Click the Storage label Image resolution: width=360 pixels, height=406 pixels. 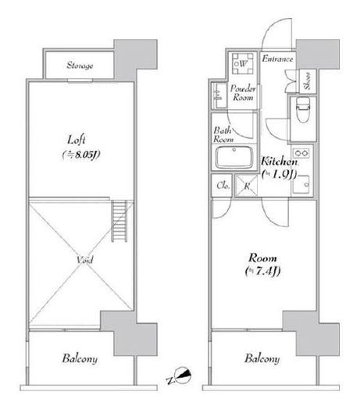coord(80,66)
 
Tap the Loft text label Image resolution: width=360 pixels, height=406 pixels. coord(77,140)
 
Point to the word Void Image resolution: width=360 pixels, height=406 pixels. coord(84,260)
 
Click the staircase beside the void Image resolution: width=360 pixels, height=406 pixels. coord(119,221)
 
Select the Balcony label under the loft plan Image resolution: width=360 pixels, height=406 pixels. coord(80,358)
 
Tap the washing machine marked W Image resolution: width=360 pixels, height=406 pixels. coord(243,64)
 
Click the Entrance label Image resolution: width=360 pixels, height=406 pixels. coord(277,59)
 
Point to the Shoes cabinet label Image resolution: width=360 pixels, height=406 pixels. coord(308,81)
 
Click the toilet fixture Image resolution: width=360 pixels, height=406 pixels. coord(302,109)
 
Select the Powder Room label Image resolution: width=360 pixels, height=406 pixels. coord(243,93)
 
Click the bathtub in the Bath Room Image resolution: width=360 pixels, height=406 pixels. coord(234,157)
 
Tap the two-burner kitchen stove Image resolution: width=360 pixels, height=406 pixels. coord(301,153)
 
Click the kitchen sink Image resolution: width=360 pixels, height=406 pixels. coord(301,184)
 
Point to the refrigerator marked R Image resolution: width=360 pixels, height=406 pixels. coord(246,186)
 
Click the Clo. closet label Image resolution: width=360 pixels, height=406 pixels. coord(223,186)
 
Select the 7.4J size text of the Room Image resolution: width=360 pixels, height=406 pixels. coord(263,272)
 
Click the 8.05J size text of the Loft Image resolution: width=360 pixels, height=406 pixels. coord(81,155)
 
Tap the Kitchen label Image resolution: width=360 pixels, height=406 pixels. coord(280,162)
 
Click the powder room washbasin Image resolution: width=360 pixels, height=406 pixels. coord(218,95)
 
